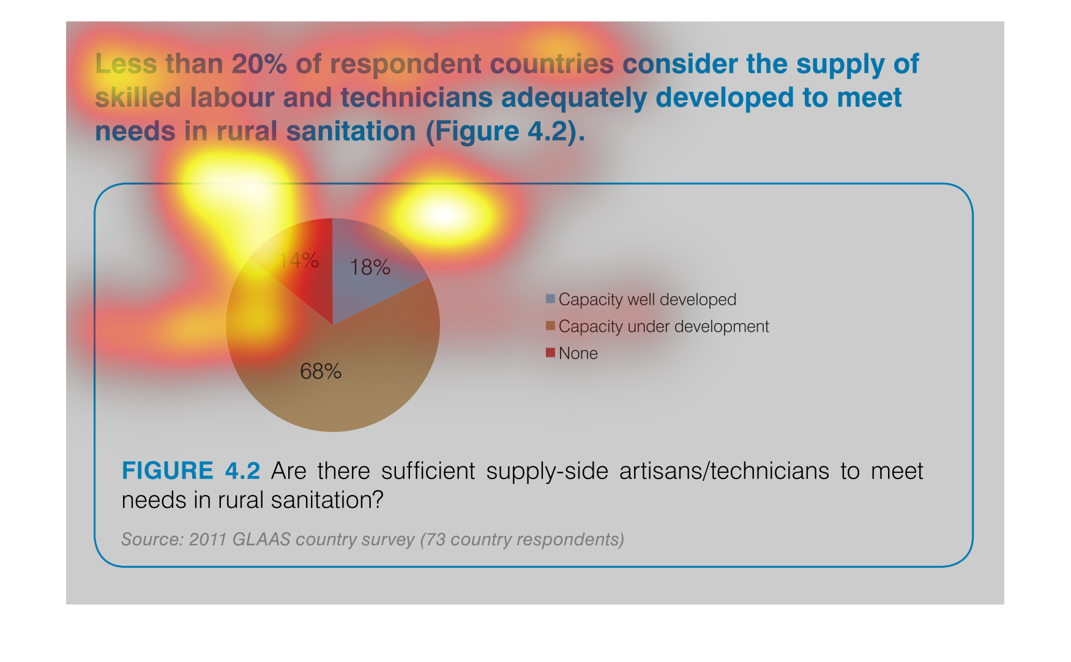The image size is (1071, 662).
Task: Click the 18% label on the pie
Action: coord(370,267)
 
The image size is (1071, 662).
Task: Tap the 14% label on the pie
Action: coord(299,261)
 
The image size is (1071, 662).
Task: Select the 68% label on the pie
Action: coord(321,371)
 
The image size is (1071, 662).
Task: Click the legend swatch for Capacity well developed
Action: coord(550,299)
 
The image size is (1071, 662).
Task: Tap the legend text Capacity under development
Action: coord(663,327)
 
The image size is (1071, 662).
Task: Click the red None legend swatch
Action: coord(550,352)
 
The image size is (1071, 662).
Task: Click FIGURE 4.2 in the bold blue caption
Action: coord(191,471)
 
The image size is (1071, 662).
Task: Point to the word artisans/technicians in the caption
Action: coord(724,471)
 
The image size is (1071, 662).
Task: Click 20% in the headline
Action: coord(259,64)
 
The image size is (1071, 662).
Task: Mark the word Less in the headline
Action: coord(126,64)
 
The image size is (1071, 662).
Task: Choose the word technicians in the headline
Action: coord(417,98)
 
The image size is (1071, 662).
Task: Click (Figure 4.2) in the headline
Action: coord(506,132)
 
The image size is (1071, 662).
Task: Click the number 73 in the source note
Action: coord(436,539)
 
